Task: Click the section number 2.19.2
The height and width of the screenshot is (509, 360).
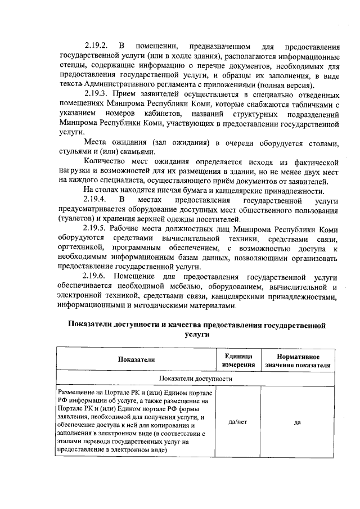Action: (x=96, y=45)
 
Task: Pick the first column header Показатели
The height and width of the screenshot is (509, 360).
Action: (x=136, y=361)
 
